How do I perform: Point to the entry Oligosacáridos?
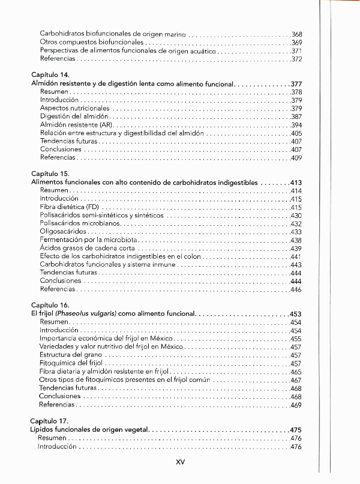click(x=63, y=231)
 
